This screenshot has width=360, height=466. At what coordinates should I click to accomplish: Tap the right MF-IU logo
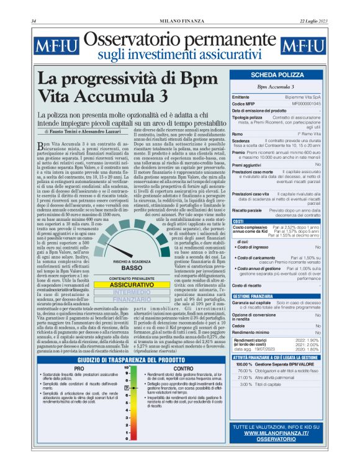[303, 47]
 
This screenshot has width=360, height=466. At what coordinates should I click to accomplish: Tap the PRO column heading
[78, 369]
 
